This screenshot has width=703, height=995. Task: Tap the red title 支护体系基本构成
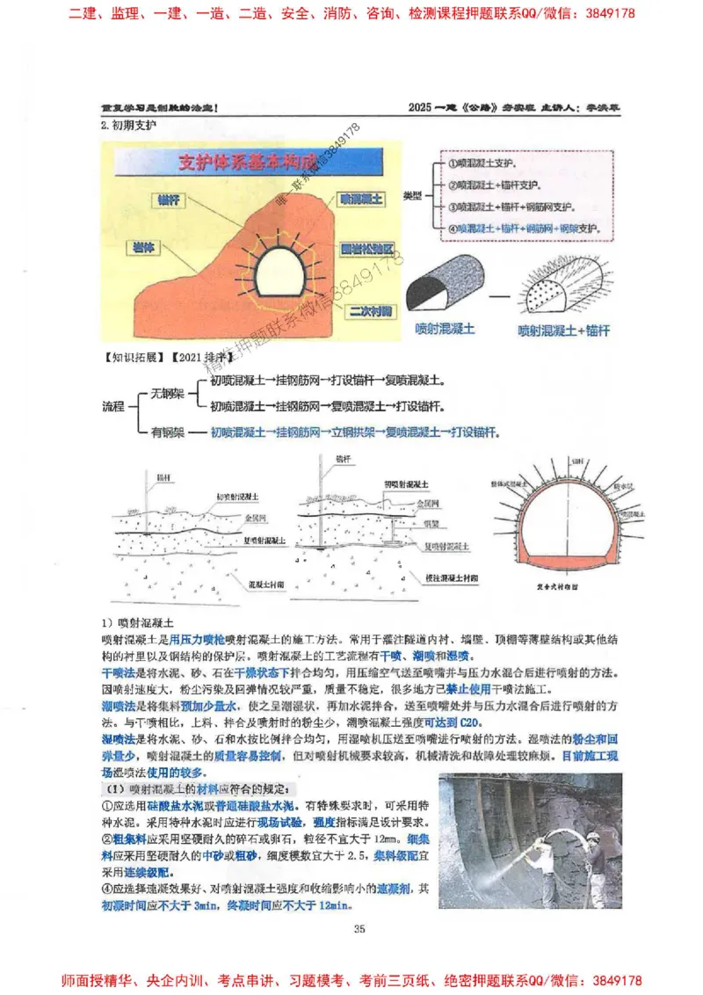click(248, 163)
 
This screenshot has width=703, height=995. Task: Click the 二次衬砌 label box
click(369, 310)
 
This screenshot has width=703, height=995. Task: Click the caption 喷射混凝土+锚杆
click(563, 330)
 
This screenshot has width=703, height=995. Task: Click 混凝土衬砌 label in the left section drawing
click(242, 582)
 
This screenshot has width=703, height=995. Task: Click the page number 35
click(359, 928)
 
